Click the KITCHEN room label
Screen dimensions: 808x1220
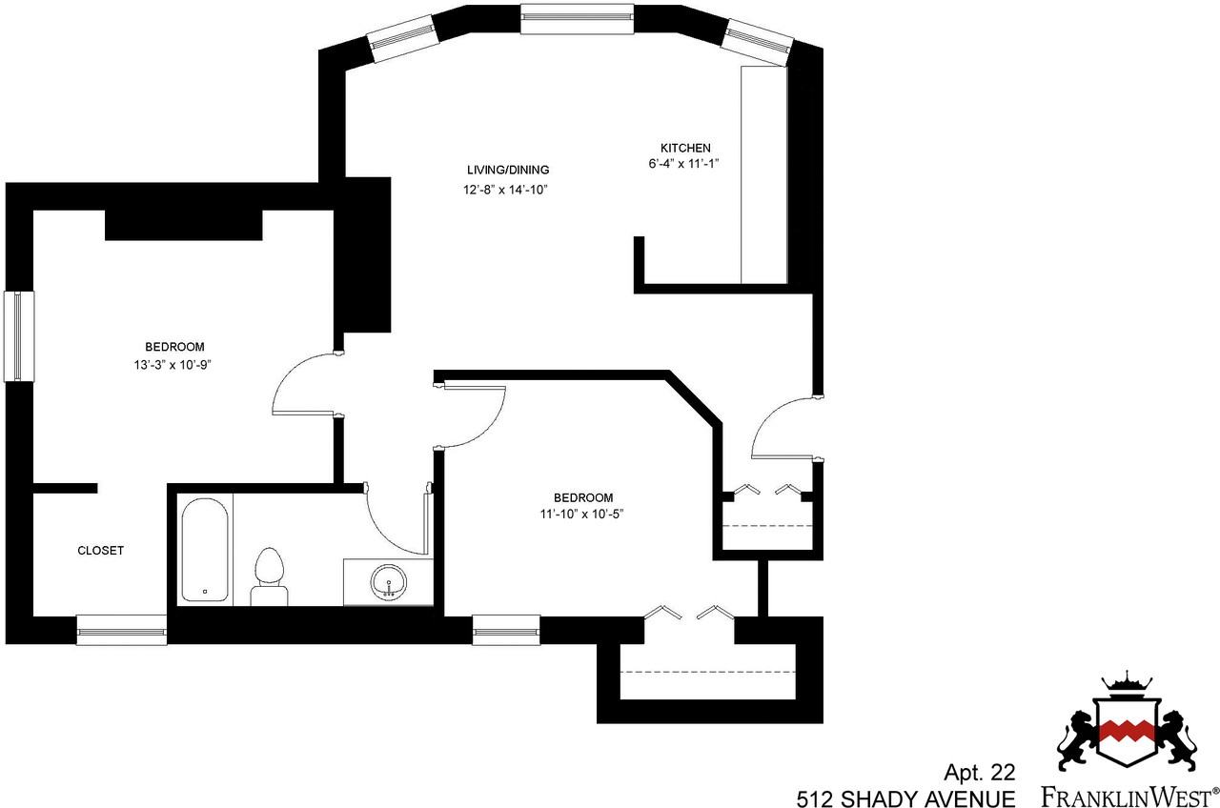685,148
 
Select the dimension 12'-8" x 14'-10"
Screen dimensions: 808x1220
504,189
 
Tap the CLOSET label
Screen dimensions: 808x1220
100,551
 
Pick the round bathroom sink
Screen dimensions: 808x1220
388,580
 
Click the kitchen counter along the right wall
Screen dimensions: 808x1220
763,174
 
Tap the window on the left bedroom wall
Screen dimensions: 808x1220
19,335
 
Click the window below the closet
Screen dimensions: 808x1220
121,630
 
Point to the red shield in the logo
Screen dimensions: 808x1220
1128,731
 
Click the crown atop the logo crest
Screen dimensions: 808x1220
1128,684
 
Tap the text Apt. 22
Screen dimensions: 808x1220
980,771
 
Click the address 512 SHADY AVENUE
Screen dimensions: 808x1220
906,796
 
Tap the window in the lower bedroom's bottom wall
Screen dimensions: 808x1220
506,630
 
